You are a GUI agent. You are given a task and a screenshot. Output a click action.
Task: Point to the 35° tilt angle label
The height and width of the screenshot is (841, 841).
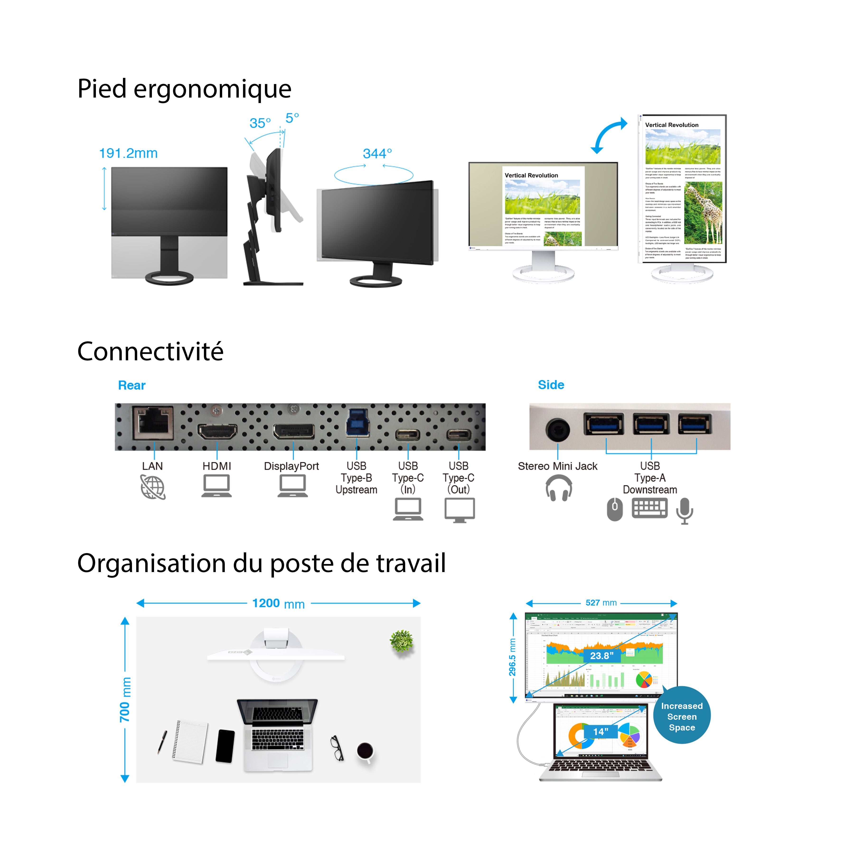(260, 123)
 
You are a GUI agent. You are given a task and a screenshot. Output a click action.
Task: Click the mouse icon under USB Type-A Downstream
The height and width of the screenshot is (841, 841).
(615, 509)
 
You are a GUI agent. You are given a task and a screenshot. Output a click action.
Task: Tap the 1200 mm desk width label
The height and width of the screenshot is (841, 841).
(279, 603)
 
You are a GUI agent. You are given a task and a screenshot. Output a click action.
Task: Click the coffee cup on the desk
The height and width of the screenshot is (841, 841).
(365, 751)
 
